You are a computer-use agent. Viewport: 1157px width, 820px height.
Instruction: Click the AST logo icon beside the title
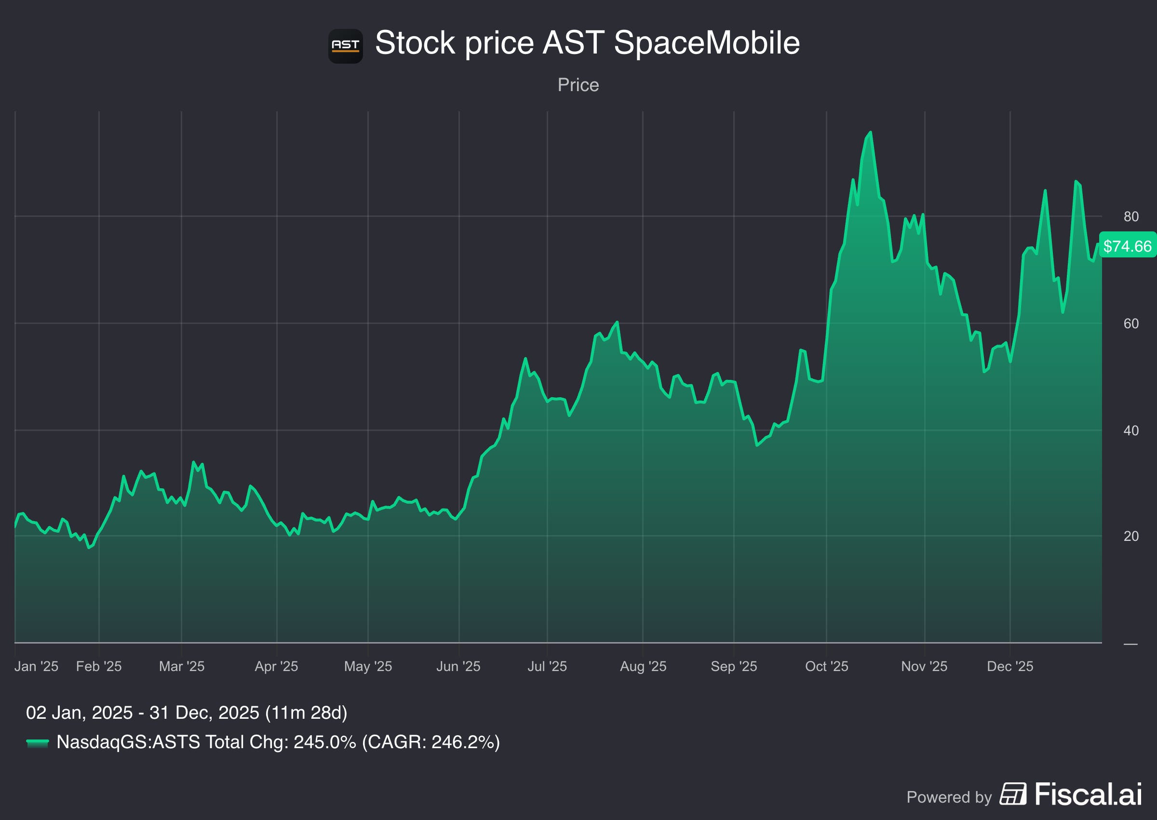(345, 46)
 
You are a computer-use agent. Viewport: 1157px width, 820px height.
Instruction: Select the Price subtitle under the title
(578, 85)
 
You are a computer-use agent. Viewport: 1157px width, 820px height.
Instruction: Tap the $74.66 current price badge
(1127, 246)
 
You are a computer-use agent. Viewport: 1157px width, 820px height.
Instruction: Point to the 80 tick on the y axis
(1131, 216)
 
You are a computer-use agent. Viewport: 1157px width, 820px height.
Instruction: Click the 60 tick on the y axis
(1131, 323)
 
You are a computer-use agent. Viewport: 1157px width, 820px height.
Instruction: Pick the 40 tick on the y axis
(1131, 430)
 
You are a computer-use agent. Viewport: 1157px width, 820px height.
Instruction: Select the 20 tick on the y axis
(1131, 536)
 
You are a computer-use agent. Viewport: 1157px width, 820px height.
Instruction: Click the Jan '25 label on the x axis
(36, 666)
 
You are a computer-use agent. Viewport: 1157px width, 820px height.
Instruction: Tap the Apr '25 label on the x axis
(276, 666)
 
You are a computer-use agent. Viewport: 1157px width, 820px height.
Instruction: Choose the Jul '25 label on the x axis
(547, 666)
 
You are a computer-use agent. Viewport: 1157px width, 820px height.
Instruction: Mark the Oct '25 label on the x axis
(826, 666)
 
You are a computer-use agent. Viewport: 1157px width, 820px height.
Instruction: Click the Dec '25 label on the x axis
(1009, 666)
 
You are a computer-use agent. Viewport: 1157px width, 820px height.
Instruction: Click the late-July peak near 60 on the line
(617, 322)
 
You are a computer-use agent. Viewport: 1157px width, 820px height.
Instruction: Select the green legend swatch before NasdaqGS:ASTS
(37, 743)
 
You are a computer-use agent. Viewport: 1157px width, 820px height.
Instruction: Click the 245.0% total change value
(324, 742)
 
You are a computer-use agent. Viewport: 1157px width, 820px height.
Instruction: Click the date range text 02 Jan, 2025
(79, 712)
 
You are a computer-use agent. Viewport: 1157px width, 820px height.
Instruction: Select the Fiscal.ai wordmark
(1088, 794)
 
